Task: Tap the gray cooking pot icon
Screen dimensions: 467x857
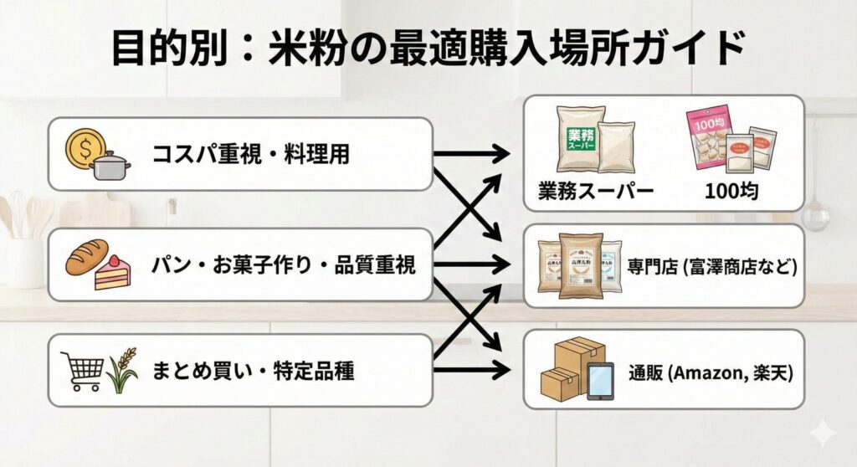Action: tap(110, 164)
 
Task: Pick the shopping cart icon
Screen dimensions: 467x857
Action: tap(82, 370)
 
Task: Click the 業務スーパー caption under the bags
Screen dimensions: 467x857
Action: tap(596, 191)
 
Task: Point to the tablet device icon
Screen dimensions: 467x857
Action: tap(599, 382)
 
